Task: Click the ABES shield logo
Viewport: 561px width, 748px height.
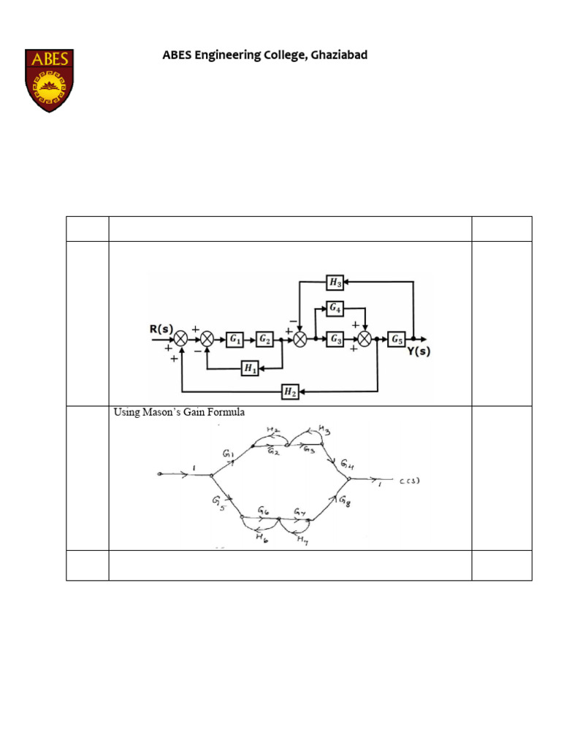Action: (x=49, y=80)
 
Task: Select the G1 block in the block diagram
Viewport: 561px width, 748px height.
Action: (x=235, y=339)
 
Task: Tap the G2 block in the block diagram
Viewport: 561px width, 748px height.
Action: (x=264, y=339)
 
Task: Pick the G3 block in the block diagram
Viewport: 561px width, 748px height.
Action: (x=335, y=339)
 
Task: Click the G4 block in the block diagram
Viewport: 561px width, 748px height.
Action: (x=335, y=309)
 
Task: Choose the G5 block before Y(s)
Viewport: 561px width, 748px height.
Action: (x=396, y=339)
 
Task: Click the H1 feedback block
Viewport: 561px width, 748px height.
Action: (x=250, y=369)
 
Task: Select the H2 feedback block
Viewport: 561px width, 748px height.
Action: (x=290, y=393)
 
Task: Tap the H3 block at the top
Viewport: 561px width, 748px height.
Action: (x=335, y=282)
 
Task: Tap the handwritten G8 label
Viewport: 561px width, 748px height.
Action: (x=345, y=501)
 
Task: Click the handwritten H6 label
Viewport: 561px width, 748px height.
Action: (x=260, y=538)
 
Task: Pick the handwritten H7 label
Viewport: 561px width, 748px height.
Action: (x=301, y=540)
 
